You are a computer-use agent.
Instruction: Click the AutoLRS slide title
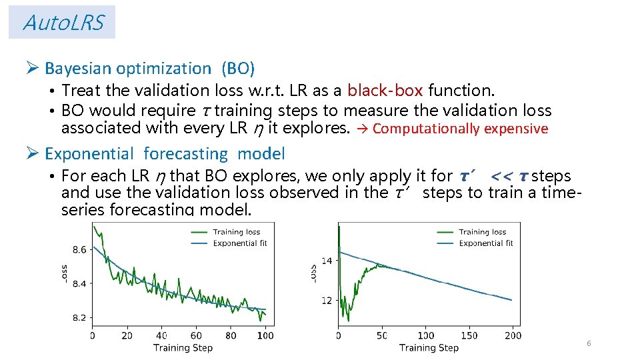(63, 23)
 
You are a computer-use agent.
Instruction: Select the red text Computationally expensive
(460, 129)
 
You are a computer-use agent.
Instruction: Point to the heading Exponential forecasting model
(164, 153)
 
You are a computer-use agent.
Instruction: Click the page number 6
(588, 343)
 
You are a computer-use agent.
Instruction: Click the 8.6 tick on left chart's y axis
(79, 250)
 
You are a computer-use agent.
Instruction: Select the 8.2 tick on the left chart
(79, 317)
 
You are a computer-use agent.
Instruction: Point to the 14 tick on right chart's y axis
(327, 261)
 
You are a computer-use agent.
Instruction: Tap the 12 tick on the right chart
(327, 301)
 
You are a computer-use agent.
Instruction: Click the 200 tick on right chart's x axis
(513, 335)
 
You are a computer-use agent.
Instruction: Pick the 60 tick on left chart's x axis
(196, 335)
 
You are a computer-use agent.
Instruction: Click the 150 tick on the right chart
(469, 335)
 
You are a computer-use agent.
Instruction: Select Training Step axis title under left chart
(183, 347)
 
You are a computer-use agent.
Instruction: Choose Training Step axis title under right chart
(429, 347)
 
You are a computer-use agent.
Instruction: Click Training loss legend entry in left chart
(237, 232)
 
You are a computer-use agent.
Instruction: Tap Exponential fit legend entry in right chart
(486, 243)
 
